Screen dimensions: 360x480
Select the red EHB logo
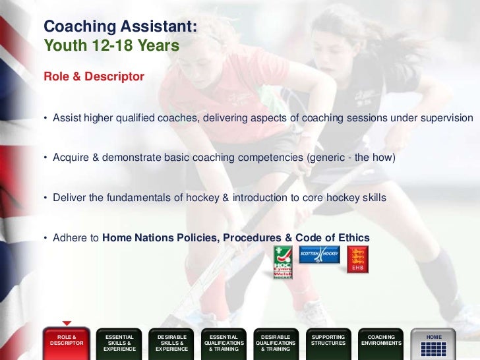point(358,259)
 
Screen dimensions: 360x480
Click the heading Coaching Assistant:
point(120,27)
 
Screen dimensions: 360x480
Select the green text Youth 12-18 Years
point(111,46)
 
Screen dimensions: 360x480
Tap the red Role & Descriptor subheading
point(94,77)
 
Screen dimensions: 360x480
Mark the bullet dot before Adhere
point(46,238)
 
